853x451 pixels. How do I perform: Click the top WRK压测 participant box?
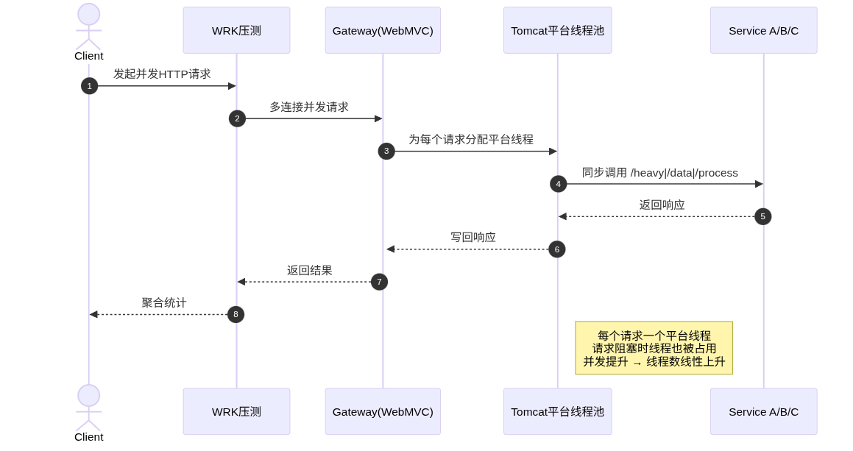236,30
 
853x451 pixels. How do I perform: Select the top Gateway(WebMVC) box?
383,30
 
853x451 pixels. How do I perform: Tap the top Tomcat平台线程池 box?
557,30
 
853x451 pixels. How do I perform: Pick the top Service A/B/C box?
763,30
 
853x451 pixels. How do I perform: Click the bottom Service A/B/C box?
763,411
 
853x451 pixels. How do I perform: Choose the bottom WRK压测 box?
236,411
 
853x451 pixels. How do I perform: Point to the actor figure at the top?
88,26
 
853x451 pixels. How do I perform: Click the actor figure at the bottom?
88,408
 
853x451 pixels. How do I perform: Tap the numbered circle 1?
89,86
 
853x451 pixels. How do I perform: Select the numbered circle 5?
762,216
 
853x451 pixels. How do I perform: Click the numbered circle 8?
236,314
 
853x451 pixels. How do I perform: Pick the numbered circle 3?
386,151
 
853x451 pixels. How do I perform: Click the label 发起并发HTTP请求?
162,74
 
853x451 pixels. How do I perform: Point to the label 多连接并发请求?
309,107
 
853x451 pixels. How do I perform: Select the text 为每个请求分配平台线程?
471,139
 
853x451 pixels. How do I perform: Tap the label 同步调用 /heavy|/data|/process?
660,172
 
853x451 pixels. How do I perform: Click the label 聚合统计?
164,302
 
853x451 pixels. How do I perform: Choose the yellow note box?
654,348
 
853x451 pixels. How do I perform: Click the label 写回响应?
473,238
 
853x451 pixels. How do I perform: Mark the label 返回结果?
310,270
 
